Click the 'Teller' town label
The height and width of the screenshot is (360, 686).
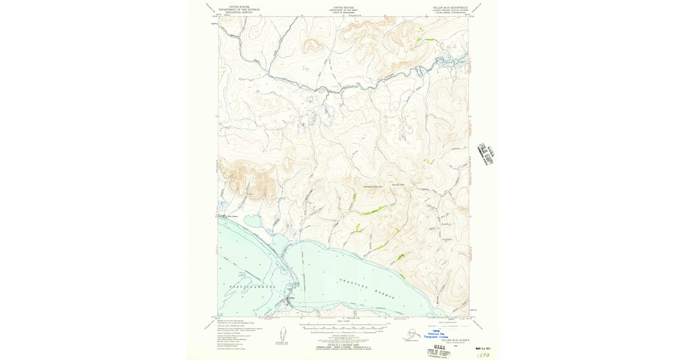pos(291,298)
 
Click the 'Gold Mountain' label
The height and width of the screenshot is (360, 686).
pos(398,185)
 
